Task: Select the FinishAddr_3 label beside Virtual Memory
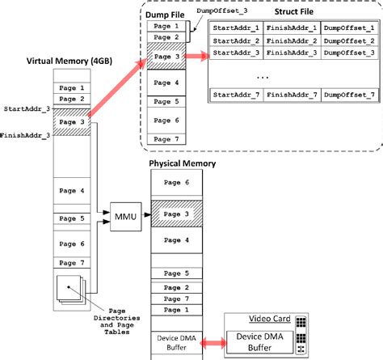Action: [x=26, y=133]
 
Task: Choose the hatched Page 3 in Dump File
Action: [x=166, y=57]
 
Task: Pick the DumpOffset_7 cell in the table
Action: [x=349, y=95]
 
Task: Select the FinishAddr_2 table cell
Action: [x=293, y=40]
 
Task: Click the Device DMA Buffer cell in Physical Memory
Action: [x=180, y=342]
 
